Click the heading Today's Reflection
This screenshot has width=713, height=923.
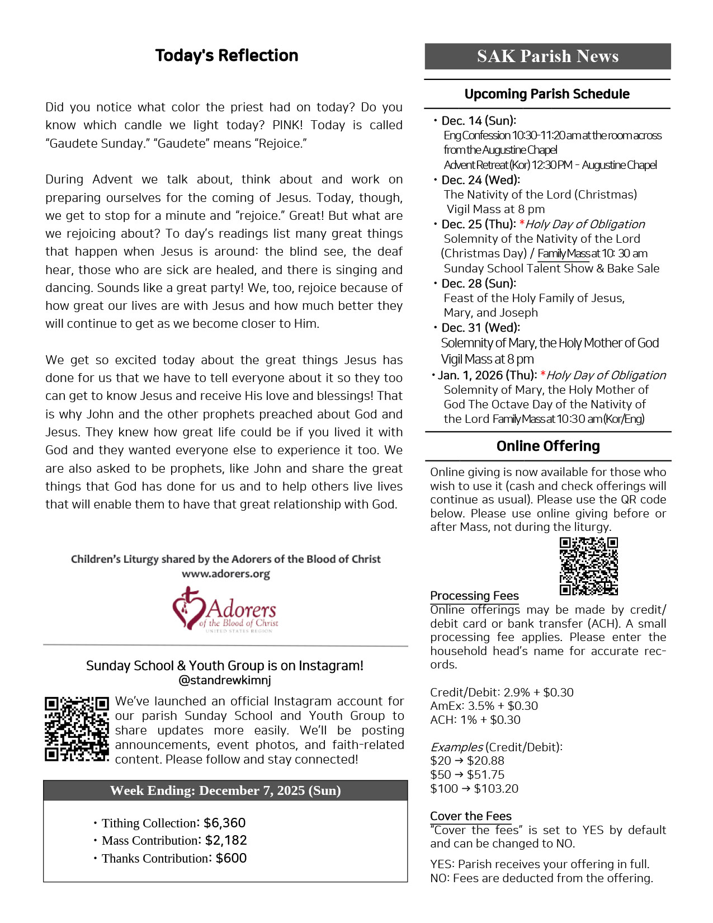click(226, 55)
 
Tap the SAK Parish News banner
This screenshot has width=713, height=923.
click(547, 56)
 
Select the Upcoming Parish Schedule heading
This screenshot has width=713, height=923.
click(547, 94)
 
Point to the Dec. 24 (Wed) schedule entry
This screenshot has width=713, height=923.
click(480, 180)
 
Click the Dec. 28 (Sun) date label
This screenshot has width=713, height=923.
click(478, 284)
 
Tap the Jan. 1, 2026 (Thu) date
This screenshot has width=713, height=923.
click(487, 375)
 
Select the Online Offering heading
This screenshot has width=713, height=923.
click(548, 446)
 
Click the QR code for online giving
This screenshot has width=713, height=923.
click(588, 566)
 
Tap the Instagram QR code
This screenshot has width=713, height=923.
click(77, 729)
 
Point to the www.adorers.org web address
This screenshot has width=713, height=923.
click(226, 574)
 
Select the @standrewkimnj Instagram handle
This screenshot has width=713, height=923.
click(225, 681)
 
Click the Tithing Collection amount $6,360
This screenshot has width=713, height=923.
click(225, 823)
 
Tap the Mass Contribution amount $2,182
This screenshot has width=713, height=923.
click(226, 840)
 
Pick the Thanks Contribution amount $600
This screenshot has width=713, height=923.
click(231, 858)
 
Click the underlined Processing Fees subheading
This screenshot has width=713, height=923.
click(474, 596)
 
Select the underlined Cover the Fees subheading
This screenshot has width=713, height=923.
click(471, 816)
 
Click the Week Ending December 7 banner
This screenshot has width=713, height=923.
click(225, 790)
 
